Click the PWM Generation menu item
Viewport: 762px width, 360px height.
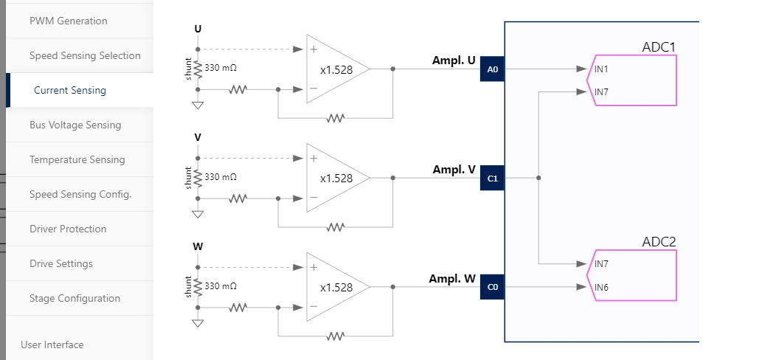(68, 21)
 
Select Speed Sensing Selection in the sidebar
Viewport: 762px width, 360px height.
(85, 55)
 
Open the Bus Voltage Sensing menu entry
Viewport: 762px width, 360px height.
(75, 125)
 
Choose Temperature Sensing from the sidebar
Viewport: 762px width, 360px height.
(77, 159)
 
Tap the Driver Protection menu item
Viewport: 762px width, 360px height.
(68, 229)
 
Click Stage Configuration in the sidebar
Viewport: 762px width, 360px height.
(75, 298)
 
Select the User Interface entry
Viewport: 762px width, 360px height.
(52, 345)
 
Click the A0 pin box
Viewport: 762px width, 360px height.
(492, 69)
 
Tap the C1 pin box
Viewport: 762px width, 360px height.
(492, 179)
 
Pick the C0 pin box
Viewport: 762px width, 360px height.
(492, 287)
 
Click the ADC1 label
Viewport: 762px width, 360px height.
(659, 47)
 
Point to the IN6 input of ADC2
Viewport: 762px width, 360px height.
(601, 287)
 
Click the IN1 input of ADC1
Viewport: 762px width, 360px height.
(601, 69)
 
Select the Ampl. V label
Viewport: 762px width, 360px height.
(454, 170)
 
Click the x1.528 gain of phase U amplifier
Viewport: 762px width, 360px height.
(336, 70)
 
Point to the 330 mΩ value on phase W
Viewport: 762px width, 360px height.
(221, 286)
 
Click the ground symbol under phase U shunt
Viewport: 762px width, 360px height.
(198, 105)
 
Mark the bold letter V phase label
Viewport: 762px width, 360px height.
(198, 137)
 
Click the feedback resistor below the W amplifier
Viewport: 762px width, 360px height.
(336, 336)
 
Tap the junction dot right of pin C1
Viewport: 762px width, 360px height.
(538, 178)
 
